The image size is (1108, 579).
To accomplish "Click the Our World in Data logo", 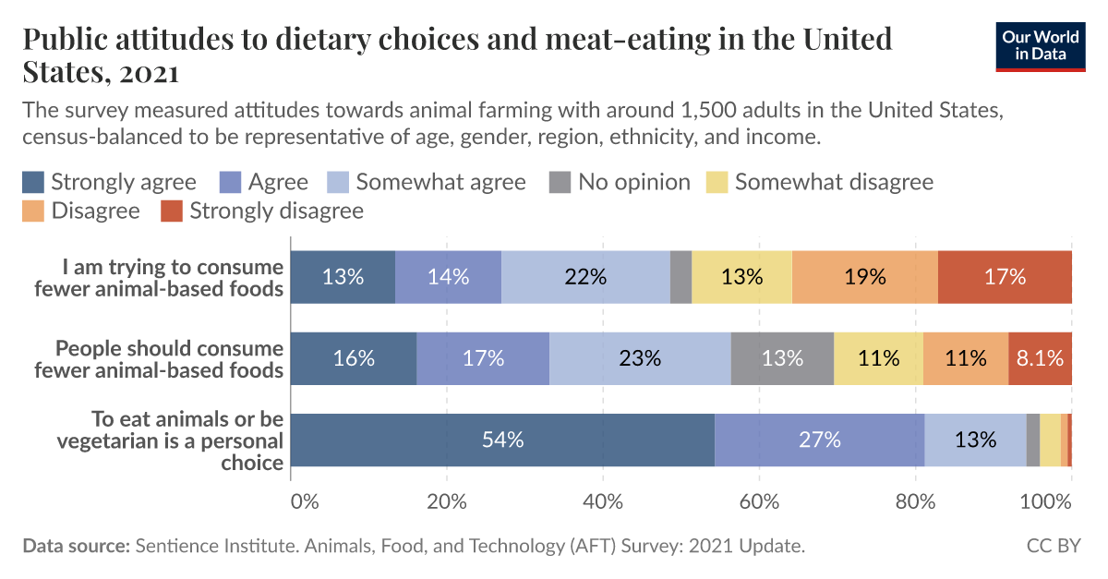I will click(x=1041, y=45).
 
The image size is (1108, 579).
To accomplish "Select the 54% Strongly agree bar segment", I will click(x=502, y=440).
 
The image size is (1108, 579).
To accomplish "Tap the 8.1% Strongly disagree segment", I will click(x=1040, y=358).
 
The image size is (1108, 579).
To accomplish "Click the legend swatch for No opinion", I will click(x=560, y=182).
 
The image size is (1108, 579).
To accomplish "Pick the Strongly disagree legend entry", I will click(x=262, y=211).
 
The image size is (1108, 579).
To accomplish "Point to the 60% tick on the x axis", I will click(x=758, y=502).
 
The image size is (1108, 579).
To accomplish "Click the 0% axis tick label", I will click(x=304, y=502).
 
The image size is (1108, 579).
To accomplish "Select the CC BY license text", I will click(x=1053, y=546).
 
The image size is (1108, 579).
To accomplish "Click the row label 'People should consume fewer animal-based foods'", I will click(x=170, y=359).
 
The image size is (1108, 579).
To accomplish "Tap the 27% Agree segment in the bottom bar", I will click(x=819, y=440).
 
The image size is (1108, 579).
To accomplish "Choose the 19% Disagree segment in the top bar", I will click(x=864, y=277).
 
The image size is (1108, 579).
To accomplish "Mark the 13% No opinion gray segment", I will click(x=782, y=358).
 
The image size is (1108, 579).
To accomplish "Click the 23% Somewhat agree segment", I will click(x=640, y=358).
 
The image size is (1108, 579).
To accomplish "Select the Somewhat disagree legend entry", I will click(x=821, y=182).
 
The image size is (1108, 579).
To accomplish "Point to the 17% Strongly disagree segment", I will click(x=1005, y=277).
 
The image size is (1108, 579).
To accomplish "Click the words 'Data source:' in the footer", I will click(x=77, y=546).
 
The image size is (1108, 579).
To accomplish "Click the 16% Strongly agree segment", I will click(x=354, y=358).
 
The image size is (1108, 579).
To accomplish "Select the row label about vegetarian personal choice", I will click(x=170, y=440).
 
